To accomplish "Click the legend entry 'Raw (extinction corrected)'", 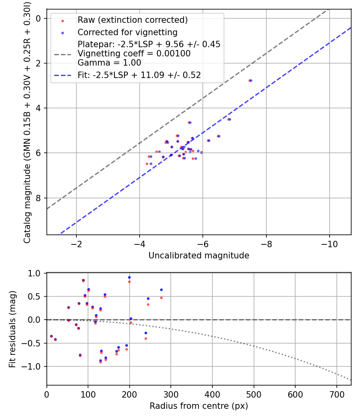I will [x=132, y=20].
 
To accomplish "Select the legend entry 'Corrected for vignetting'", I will [x=127, y=32].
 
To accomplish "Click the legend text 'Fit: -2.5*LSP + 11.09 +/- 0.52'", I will [x=139, y=75].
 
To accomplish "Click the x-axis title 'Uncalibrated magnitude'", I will [x=199, y=256].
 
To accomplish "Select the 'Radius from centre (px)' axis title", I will [x=199, y=406].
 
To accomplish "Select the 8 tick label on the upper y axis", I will [x=38, y=198].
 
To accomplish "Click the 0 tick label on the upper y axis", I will [x=38, y=18].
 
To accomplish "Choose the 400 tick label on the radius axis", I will [x=212, y=394].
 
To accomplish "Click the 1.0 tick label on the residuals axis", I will [x=36, y=274].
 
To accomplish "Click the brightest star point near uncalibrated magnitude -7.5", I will [x=250, y=80].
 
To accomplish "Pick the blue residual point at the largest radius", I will [x=161, y=290].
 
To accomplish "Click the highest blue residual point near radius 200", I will [x=129, y=277].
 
